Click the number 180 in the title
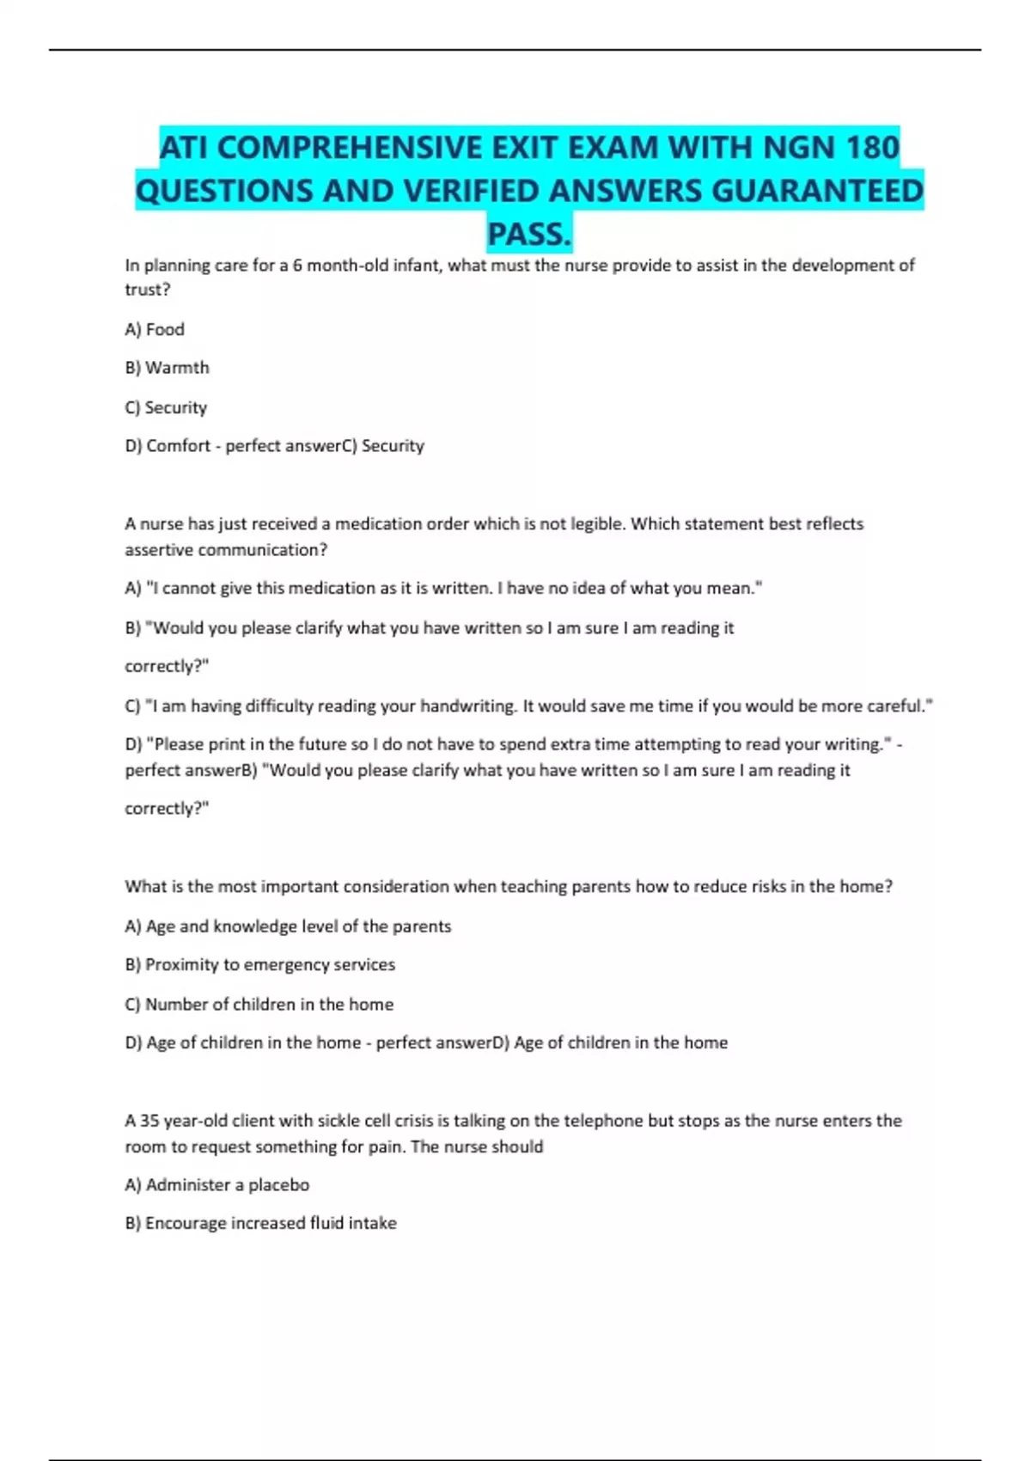click(872, 148)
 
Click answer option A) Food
click(155, 329)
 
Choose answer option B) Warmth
click(167, 368)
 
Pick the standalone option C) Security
click(166, 407)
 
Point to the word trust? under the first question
click(148, 290)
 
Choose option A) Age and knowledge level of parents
click(288, 926)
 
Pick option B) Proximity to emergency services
click(259, 965)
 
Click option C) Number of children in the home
click(259, 1005)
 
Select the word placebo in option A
click(278, 1185)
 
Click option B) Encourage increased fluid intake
click(260, 1223)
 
